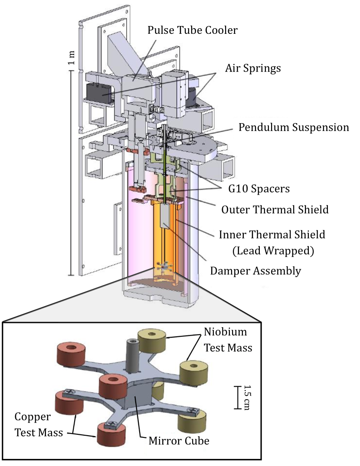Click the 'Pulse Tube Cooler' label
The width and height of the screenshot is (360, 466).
pyautogui.click(x=193, y=30)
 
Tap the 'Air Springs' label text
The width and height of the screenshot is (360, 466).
pyautogui.click(x=253, y=68)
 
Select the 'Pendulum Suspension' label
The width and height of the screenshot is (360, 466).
pyautogui.click(x=294, y=127)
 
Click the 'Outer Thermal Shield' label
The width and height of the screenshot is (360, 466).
pyautogui.click(x=275, y=210)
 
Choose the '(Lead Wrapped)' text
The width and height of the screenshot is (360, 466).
pyautogui.click(x=273, y=251)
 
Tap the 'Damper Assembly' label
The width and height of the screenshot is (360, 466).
pyautogui.click(x=255, y=271)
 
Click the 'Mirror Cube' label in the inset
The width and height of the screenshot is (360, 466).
pyautogui.click(x=179, y=441)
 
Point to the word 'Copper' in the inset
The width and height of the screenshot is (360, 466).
pyautogui.click(x=32, y=417)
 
